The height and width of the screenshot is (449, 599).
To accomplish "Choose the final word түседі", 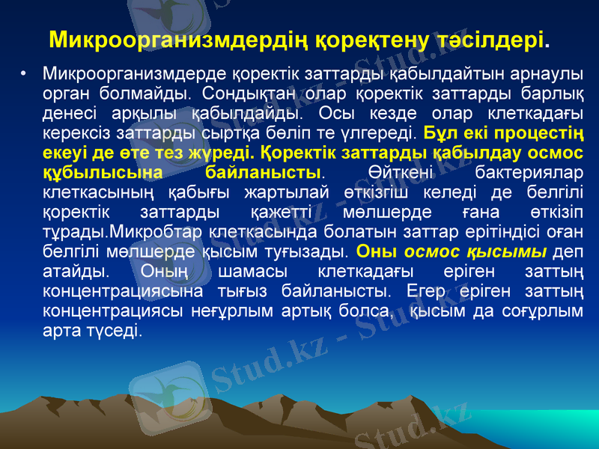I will (117, 330).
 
